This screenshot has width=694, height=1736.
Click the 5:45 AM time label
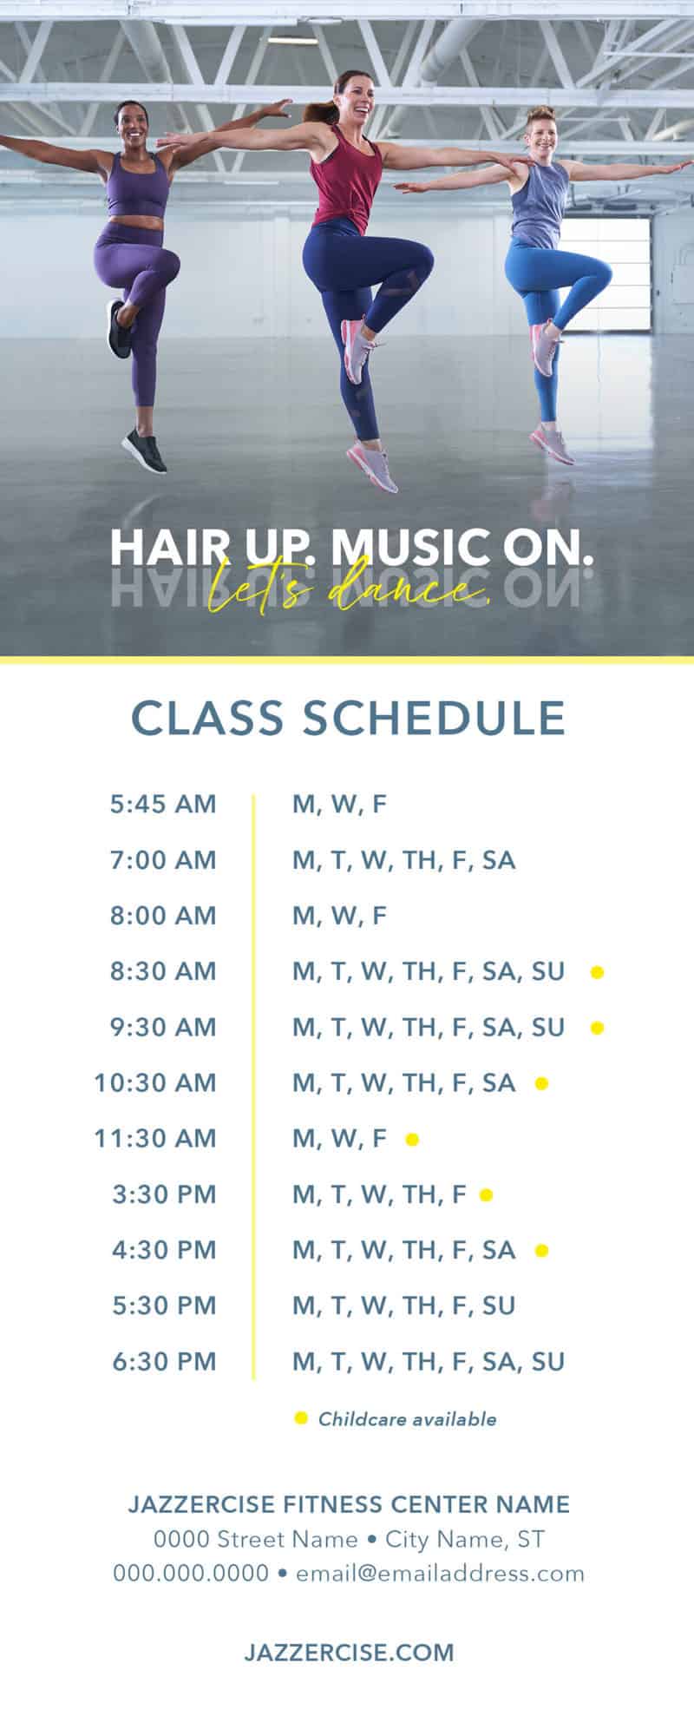point(163,804)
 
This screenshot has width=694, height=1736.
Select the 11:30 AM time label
point(155,1138)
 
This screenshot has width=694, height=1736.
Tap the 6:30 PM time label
point(164,1361)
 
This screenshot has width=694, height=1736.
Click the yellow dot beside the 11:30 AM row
point(412,1139)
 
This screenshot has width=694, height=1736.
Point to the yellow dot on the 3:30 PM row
point(487,1194)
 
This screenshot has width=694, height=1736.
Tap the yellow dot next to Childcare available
point(301,1418)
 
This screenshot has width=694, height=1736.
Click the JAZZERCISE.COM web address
point(349,1652)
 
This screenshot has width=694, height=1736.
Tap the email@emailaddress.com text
point(440,1573)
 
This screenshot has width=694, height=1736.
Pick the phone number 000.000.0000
point(191,1573)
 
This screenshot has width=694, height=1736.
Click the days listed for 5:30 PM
point(404,1306)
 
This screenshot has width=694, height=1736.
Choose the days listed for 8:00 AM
point(339,917)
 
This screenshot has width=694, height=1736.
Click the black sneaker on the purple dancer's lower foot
point(144,450)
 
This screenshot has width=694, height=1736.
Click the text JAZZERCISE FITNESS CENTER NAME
point(349,1504)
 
